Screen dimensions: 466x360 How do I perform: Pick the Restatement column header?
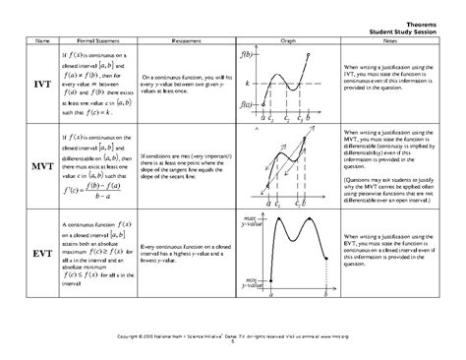(x=190, y=40)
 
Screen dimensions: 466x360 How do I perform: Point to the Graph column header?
(x=288, y=40)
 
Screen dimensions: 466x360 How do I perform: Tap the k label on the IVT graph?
(x=249, y=86)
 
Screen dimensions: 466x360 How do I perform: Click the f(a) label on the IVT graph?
(x=249, y=103)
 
